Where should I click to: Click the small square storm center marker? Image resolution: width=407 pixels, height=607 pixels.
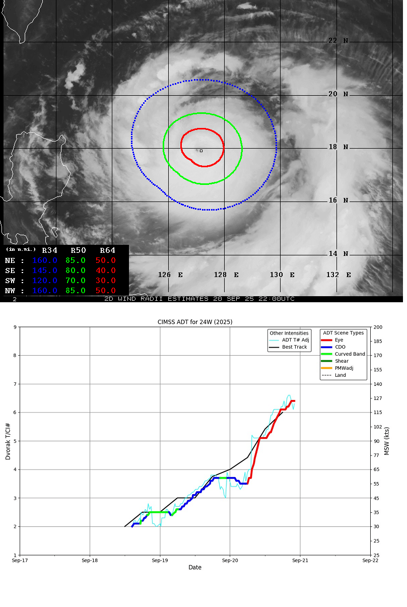click(201, 151)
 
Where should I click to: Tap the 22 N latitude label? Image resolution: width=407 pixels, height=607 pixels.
click(338, 41)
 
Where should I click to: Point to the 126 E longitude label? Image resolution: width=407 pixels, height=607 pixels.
click(171, 275)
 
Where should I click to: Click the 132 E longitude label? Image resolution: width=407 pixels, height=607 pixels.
click(338, 275)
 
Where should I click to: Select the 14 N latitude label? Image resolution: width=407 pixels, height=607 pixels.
click(338, 253)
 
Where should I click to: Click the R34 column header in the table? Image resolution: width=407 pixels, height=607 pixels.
click(49, 250)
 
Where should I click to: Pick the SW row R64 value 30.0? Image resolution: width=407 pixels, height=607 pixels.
click(106, 281)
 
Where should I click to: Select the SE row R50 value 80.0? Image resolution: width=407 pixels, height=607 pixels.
click(76, 271)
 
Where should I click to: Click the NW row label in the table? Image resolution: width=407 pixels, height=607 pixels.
click(10, 291)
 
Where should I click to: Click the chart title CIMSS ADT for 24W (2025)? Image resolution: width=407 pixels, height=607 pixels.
click(195, 322)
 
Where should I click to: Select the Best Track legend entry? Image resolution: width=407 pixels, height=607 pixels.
click(294, 347)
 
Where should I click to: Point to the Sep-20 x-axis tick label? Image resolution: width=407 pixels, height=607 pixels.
click(230, 560)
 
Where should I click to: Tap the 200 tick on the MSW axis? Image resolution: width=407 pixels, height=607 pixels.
click(378, 327)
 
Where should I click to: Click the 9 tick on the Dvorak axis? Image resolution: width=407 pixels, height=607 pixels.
click(15, 327)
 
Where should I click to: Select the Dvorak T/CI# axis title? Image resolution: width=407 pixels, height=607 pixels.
click(8, 441)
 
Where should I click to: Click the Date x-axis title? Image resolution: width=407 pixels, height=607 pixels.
click(195, 567)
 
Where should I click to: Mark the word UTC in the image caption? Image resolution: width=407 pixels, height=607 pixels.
click(286, 299)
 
